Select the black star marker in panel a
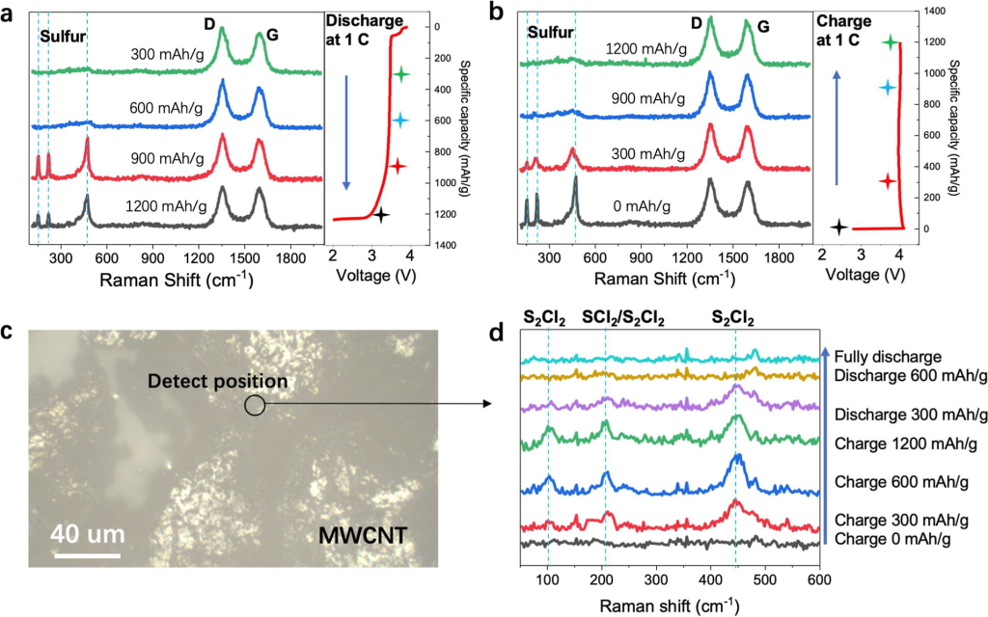[x=382, y=215]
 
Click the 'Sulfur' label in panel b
[x=551, y=33]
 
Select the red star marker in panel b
[x=889, y=181]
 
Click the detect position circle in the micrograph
[x=255, y=406]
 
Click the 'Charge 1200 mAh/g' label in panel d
[x=905, y=443]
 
